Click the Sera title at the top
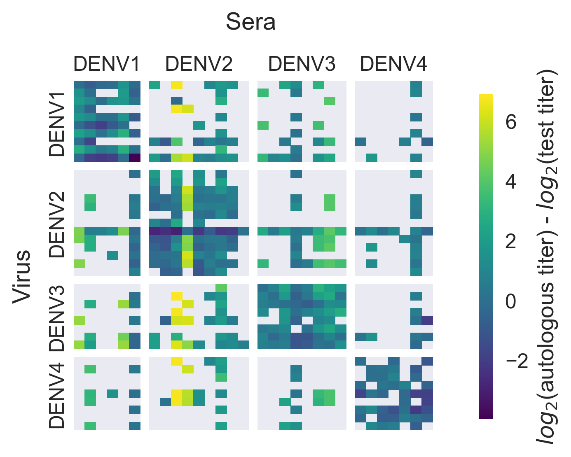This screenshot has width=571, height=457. pos(250,22)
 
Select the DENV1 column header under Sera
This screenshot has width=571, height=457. pos(107,64)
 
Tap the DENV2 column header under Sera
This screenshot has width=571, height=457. pos(199,64)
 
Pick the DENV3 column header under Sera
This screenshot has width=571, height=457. pos(302,64)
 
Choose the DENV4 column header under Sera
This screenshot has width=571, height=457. pos(393,64)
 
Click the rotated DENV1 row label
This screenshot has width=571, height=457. pos(56,124)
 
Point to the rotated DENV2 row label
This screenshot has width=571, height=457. pos(56,224)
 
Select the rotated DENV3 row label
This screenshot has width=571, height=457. pos(56,318)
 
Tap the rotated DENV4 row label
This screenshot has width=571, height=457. pos(56,396)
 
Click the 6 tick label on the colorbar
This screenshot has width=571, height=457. pos(511,122)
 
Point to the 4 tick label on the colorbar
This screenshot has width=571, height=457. pos(511,182)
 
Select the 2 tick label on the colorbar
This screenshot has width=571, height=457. pos(511,242)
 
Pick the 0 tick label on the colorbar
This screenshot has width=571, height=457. pos(511,302)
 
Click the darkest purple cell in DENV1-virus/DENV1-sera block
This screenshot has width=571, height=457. pos(135,158)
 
